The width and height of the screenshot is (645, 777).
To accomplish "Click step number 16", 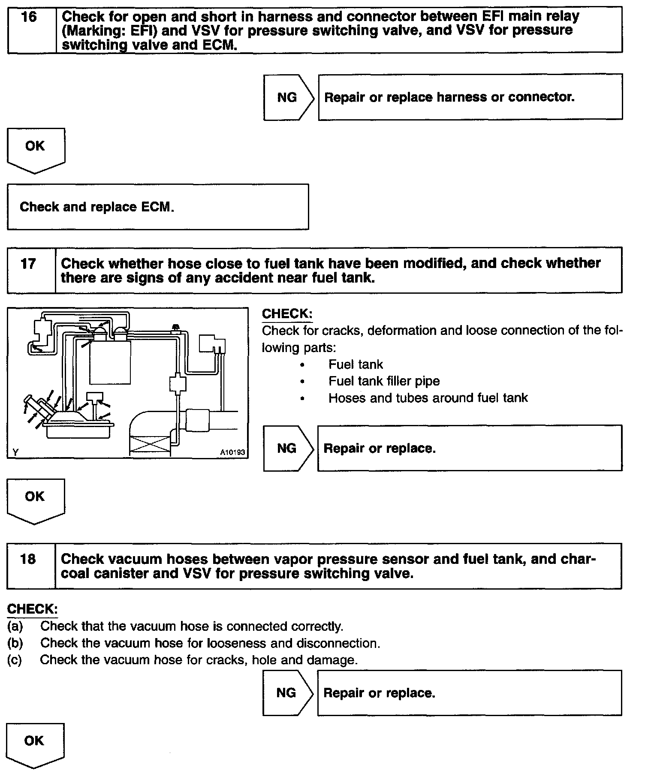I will point(29,18).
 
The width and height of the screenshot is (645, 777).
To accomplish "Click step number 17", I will point(28,263).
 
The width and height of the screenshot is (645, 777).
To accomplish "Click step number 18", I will point(28,559).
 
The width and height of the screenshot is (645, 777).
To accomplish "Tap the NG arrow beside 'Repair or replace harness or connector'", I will point(288,97).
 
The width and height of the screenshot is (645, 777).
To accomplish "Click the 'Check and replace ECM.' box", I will point(158,207).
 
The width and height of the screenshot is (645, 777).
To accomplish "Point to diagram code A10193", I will point(232,452).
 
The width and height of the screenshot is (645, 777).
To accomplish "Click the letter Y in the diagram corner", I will point(15,452).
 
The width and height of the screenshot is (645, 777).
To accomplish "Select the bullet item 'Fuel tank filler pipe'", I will point(384,381).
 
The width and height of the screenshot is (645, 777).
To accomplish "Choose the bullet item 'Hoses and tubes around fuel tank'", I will point(428,398).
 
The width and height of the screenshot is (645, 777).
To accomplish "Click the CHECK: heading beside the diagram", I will point(287,314).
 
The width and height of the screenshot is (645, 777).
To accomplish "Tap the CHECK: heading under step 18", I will point(32,609).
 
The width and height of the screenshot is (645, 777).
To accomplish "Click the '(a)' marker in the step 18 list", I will point(15,626).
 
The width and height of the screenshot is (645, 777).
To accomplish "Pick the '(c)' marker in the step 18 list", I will point(15,660).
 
